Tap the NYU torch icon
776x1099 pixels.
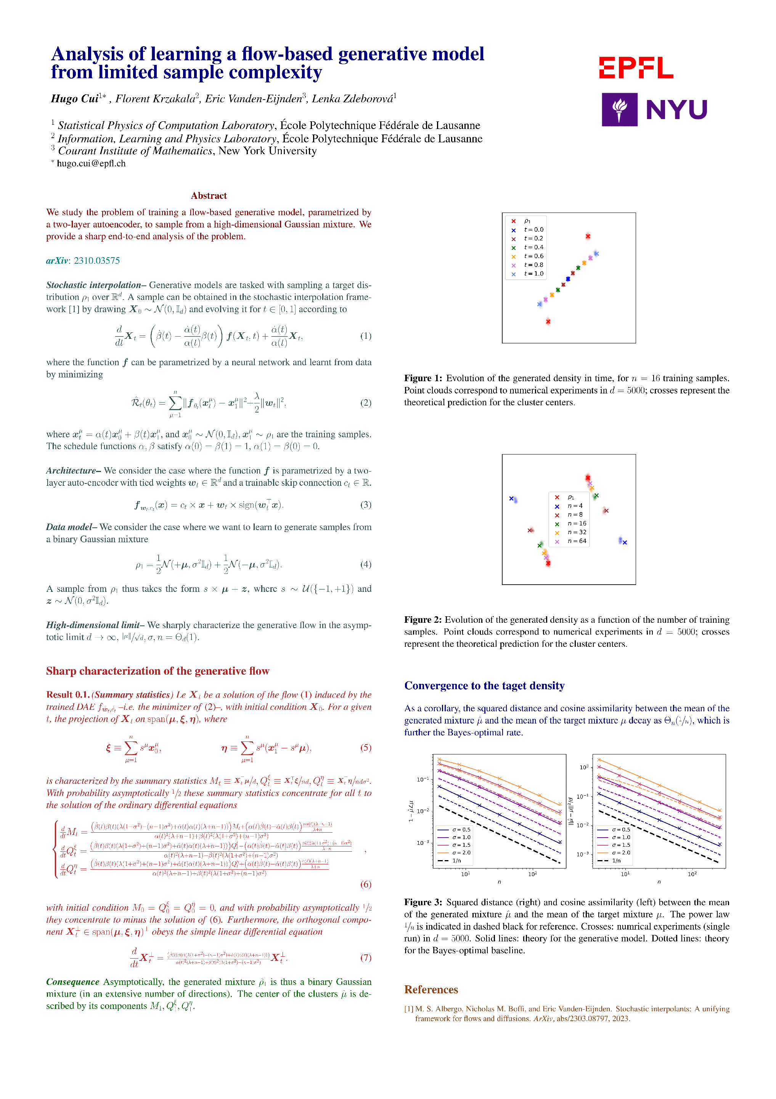coord(619,110)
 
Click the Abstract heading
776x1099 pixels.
coord(209,195)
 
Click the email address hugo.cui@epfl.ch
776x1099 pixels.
coord(91,163)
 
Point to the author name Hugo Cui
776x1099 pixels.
coord(75,98)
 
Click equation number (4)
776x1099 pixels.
coord(366,564)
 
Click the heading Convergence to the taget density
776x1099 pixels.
coord(484,685)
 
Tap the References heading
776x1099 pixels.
coord(431,989)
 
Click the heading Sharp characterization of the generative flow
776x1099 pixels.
coord(157,670)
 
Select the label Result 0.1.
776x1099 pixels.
coord(67,695)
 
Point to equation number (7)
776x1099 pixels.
coord(366,957)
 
